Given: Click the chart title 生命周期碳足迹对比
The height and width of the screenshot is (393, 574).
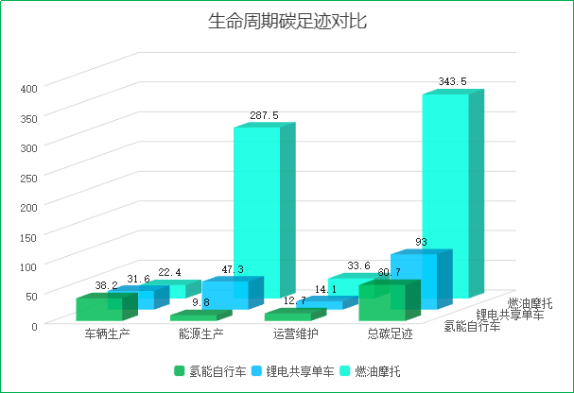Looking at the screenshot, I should [287, 22].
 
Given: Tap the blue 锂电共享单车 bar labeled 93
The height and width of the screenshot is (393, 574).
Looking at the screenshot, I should [414, 279].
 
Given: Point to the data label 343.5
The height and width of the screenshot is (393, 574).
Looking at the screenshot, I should [453, 82].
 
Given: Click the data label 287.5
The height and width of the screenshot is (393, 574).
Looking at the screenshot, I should [264, 115].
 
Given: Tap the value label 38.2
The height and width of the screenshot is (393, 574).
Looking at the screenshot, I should [106, 285].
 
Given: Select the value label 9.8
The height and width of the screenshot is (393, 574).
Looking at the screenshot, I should [200, 302].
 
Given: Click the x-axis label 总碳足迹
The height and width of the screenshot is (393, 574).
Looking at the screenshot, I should [390, 333].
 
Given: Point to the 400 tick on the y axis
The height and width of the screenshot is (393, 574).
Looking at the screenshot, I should [27, 88].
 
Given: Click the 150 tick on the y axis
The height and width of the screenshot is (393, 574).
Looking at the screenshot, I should [27, 235].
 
